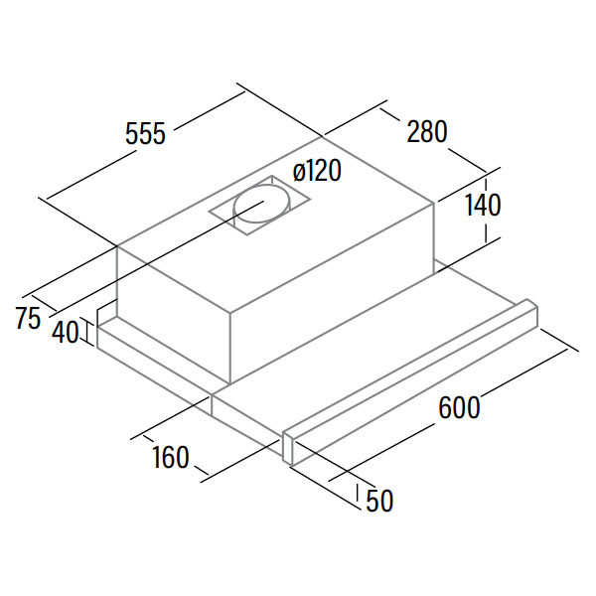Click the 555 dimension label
[146, 134]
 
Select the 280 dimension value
[427, 131]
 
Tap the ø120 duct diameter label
[317, 171]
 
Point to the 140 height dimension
[483, 206]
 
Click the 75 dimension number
[28, 318]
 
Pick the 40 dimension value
[66, 332]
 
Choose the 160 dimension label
[171, 457]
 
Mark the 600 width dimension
[459, 407]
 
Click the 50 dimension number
[379, 501]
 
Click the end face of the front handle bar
[289, 448]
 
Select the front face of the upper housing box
[332, 293]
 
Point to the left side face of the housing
[173, 314]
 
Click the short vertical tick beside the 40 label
[87, 333]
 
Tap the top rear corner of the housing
[323, 136]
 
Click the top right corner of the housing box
[434, 204]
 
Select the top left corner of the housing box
[117, 246]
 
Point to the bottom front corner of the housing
[230, 382]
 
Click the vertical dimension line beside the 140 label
[486, 208]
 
